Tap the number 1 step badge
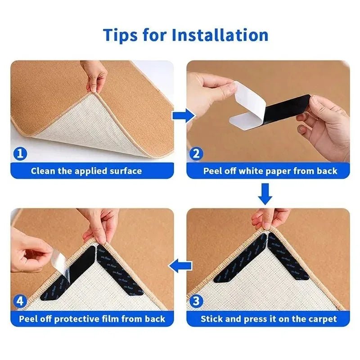[x=19, y=154]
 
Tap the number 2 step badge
[x=195, y=154]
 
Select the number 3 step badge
[x=195, y=301]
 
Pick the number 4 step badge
[x=19, y=301]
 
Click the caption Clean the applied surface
[x=86, y=171]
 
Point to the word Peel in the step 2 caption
[x=213, y=171]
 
